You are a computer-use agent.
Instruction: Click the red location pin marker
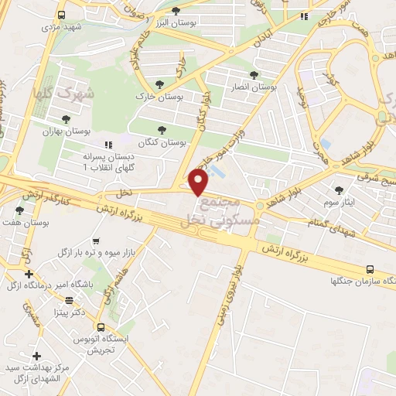(x=199, y=181)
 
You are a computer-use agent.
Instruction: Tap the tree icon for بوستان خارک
(x=160, y=84)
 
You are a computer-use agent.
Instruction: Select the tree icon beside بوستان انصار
(x=254, y=75)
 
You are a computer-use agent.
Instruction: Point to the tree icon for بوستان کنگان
(x=162, y=130)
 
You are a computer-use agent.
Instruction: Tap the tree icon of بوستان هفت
(x=20, y=210)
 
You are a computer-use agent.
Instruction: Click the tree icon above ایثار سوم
(x=339, y=189)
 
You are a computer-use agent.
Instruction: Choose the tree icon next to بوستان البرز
(x=176, y=10)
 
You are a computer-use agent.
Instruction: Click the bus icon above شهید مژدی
(x=61, y=15)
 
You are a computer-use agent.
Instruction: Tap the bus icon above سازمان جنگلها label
(x=370, y=269)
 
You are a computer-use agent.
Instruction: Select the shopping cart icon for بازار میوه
(x=95, y=242)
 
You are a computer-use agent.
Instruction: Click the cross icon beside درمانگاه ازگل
(x=29, y=274)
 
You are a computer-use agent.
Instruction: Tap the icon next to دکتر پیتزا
(x=69, y=300)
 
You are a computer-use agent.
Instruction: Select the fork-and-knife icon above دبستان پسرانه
(x=108, y=144)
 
